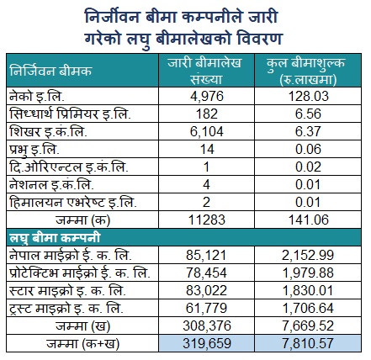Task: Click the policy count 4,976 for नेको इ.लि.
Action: tap(207, 96)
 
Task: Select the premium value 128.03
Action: tap(308, 96)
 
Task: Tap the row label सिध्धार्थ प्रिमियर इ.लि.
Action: tap(70, 114)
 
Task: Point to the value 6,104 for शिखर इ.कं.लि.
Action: tap(207, 131)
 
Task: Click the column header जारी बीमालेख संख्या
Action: tap(205, 71)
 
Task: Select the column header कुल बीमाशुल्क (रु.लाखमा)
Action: tap(306, 71)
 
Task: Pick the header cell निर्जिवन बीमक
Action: tap(50, 71)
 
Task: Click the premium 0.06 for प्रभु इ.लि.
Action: tap(308, 149)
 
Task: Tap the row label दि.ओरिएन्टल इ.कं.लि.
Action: tap(69, 167)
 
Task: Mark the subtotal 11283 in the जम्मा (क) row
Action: tap(207, 220)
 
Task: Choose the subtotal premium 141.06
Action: tap(308, 220)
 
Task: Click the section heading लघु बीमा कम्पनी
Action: tap(55, 238)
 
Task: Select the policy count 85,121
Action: tap(206, 256)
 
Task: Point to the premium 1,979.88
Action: tap(308, 273)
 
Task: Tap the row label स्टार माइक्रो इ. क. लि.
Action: tap(67, 291)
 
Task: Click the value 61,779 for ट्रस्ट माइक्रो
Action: tap(206, 309)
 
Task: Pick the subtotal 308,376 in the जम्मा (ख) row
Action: tap(207, 326)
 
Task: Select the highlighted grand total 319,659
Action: tap(207, 344)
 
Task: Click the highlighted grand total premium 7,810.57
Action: tap(308, 344)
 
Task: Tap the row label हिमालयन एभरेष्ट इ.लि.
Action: tap(73, 202)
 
